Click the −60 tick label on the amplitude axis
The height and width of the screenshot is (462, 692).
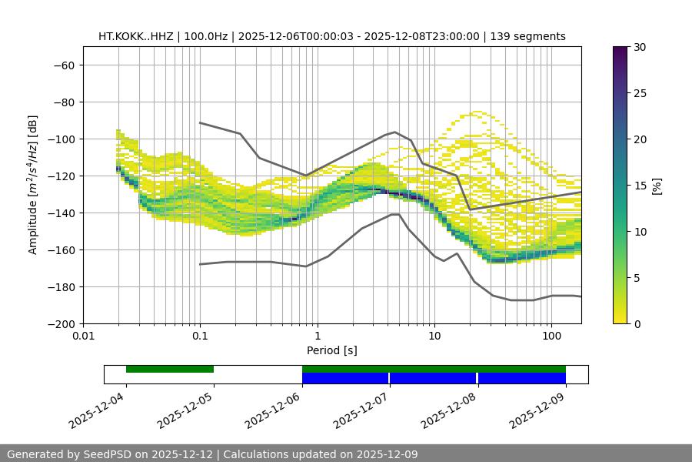(63, 65)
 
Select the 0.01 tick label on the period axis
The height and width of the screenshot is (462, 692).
(83, 336)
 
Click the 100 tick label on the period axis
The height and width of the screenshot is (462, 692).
(551, 336)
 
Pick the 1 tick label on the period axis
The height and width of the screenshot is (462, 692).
(317, 336)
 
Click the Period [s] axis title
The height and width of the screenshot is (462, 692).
(331, 350)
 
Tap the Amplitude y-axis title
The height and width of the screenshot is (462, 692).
(33, 185)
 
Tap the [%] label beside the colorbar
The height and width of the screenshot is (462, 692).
(657, 186)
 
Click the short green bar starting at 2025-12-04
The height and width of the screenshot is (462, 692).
(170, 369)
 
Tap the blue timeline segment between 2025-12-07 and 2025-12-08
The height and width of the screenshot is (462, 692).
(433, 378)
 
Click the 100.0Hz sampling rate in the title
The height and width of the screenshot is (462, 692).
(208, 36)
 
